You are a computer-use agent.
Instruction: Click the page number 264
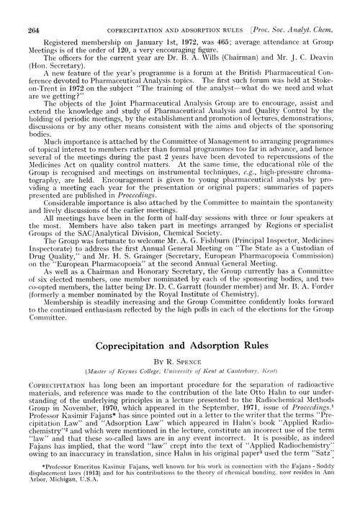click(32, 9)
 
